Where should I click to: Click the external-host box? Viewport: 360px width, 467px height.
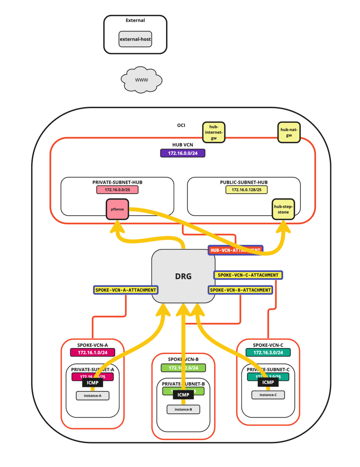click(135, 39)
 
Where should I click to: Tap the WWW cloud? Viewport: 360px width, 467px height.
click(141, 80)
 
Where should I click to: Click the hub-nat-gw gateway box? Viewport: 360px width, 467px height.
click(289, 132)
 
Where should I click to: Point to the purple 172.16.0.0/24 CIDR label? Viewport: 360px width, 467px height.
click(183, 154)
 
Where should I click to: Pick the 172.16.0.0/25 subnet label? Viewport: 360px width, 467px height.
click(117, 190)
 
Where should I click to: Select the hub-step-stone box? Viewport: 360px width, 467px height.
click(283, 209)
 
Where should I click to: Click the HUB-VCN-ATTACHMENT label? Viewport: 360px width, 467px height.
click(235, 250)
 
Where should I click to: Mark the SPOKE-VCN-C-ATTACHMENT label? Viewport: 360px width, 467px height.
click(248, 275)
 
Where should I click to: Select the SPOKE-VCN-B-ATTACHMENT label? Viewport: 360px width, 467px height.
click(241, 290)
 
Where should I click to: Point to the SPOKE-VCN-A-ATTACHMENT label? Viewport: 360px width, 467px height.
click(126, 290)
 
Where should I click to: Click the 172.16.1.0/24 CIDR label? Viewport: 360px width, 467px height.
click(93, 352)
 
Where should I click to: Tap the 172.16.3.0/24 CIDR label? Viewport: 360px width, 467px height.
click(268, 352)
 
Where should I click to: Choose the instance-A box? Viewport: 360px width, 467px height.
click(93, 396)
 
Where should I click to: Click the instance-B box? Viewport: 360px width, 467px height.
click(183, 409)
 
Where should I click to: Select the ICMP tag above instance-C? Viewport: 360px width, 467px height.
click(268, 382)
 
